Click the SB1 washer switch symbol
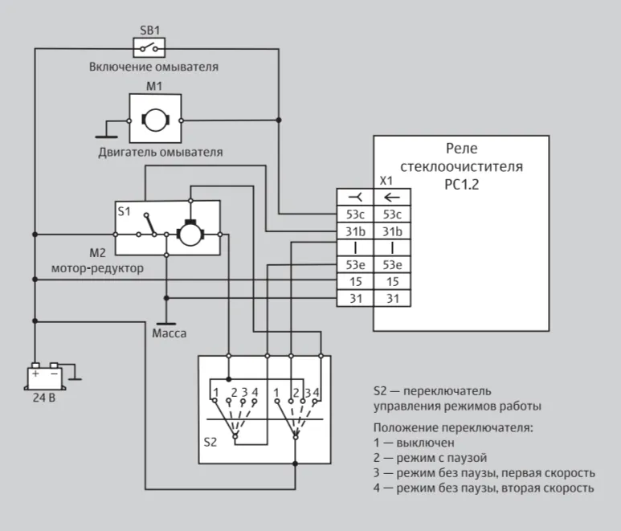(149, 48)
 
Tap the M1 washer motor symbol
(155, 118)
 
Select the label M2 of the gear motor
(97, 253)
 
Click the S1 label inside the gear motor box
(124, 211)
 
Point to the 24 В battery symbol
(44, 376)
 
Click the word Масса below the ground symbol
(170, 333)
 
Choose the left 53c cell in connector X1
(355, 214)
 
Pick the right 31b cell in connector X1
(392, 231)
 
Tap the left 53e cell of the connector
(355, 265)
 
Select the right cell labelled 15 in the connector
(392, 282)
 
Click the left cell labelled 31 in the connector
(355, 299)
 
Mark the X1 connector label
(386, 181)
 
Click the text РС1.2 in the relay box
(461, 185)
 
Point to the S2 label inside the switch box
(210, 443)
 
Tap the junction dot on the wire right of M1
(279, 120)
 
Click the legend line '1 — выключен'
(414, 443)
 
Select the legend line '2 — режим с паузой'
(430, 458)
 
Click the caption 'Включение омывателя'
(153, 67)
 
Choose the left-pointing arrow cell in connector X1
(392, 197)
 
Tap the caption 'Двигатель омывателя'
(161, 153)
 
